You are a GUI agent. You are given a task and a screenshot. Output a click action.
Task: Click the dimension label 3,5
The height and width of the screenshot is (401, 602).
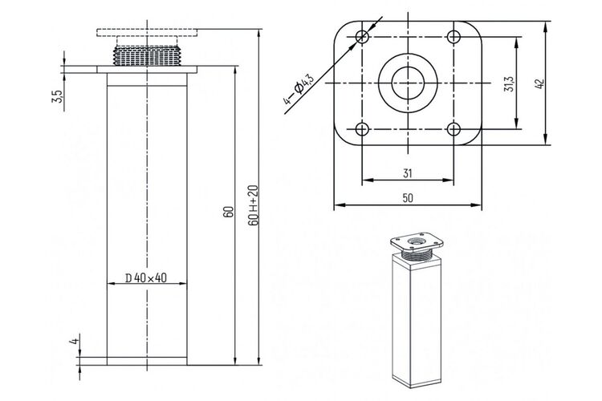coord(57,96)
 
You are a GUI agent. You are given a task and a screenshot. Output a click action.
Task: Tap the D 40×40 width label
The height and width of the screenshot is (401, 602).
coord(146,277)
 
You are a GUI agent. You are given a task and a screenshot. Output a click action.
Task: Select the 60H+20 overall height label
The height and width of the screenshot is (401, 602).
coord(254,205)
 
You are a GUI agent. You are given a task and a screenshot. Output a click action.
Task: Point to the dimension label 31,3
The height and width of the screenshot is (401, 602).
coord(509,83)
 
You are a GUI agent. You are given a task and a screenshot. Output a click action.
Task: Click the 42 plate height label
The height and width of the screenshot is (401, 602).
coord(539,84)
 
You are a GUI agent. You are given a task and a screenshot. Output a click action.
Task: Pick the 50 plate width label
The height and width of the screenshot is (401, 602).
coord(408,198)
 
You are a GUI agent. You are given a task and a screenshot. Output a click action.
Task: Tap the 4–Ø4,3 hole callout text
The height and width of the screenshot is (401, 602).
coord(299,89)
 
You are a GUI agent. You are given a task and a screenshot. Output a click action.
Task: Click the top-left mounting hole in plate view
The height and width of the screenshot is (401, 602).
coord(362,37)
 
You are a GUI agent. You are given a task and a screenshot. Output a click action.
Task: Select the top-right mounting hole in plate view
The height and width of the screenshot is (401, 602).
coord(454,37)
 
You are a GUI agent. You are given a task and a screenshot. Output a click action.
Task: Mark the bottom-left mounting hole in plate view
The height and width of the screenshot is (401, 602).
coord(362,129)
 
